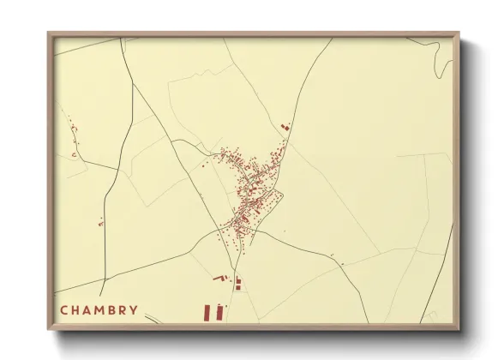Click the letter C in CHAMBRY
pyautogui.click(x=63, y=309)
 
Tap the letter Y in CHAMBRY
pyautogui.click(x=133, y=309)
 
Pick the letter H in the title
pyautogui.click(x=75, y=309)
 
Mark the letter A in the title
pyautogui.click(x=87, y=309)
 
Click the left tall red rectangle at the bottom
pyautogui.click(x=207, y=312)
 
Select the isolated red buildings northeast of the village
pyautogui.click(x=286, y=127)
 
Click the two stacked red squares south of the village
pyautogui.click(x=238, y=282)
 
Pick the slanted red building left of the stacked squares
pyautogui.click(x=218, y=279)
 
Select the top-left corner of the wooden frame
pyautogui.click(x=50, y=34)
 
